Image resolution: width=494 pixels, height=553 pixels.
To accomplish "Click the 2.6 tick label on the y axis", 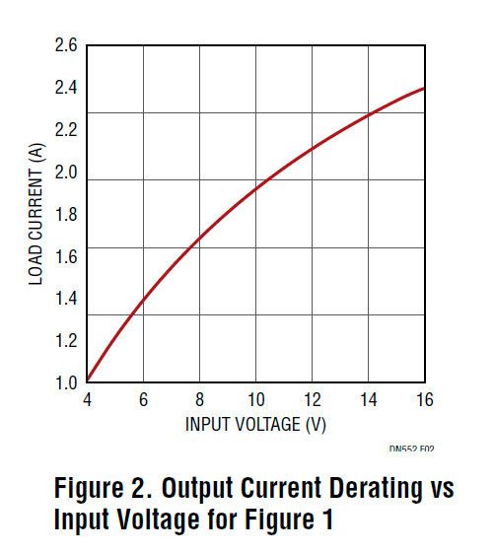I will pyautogui.click(x=66, y=46).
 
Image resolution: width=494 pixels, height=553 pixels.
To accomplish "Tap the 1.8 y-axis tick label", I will pyautogui.click(x=66, y=216).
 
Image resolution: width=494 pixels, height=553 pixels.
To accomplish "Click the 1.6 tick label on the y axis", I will pyautogui.click(x=66, y=257).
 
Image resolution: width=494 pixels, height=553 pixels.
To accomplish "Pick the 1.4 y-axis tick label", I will pyautogui.click(x=66, y=300).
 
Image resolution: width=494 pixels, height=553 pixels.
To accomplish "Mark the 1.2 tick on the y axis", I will pyautogui.click(x=66, y=341).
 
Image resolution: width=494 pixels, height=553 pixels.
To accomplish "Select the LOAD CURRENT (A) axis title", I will pyautogui.click(x=36, y=214).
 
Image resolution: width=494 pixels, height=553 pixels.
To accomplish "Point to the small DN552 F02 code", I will pyautogui.click(x=411, y=449).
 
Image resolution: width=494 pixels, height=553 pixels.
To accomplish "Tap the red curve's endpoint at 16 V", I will pyautogui.click(x=425, y=88).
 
